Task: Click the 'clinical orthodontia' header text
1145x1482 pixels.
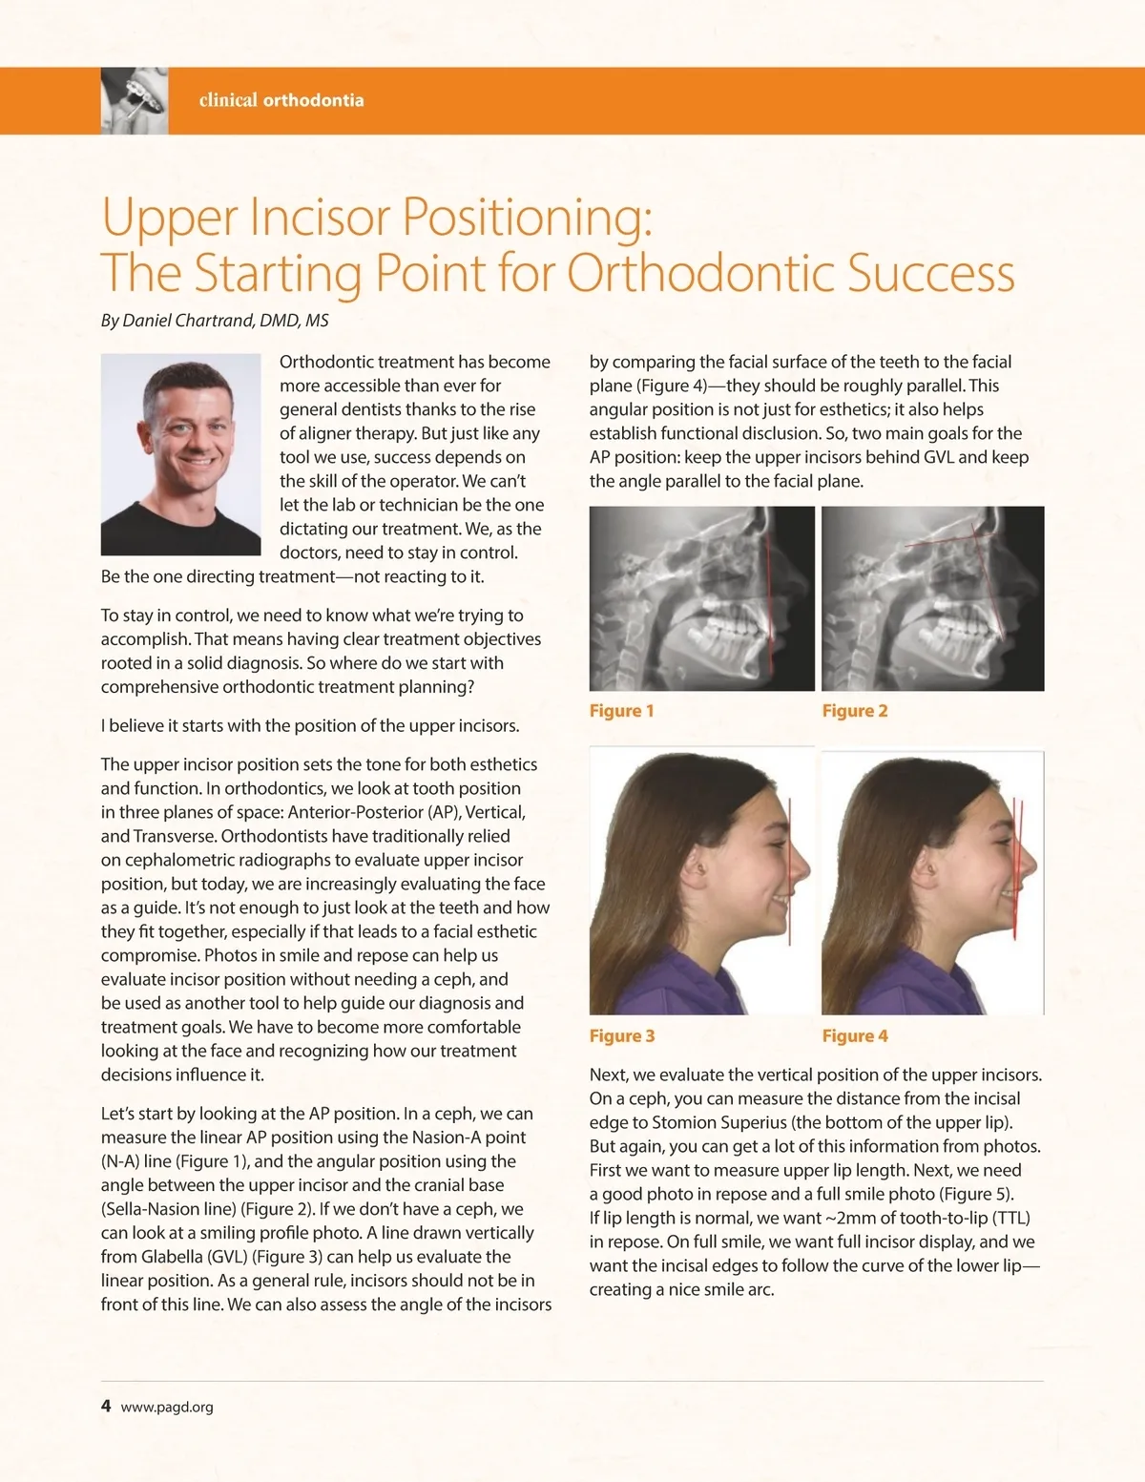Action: pyautogui.click(x=281, y=100)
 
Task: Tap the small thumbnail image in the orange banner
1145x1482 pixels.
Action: pyautogui.click(x=135, y=100)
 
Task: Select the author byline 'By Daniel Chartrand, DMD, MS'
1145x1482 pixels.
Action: pyautogui.click(x=215, y=321)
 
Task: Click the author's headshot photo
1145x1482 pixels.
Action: pyautogui.click(x=180, y=454)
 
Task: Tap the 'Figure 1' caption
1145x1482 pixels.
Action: pyautogui.click(x=621, y=711)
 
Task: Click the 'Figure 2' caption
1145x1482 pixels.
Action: pyautogui.click(x=855, y=711)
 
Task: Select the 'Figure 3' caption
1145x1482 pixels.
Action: pyautogui.click(x=621, y=1036)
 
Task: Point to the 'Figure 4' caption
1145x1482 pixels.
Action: pyautogui.click(x=855, y=1036)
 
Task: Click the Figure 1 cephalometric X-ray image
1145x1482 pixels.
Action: pyautogui.click(x=701, y=598)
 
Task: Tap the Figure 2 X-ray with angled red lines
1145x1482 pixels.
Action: pyautogui.click(x=932, y=598)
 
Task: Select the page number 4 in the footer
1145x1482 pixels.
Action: pyautogui.click(x=106, y=1406)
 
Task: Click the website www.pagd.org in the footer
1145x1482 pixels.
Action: pyautogui.click(x=167, y=1407)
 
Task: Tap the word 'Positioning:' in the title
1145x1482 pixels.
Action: pyautogui.click(x=528, y=217)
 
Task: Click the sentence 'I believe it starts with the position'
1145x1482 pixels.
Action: pyautogui.click(x=310, y=726)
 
